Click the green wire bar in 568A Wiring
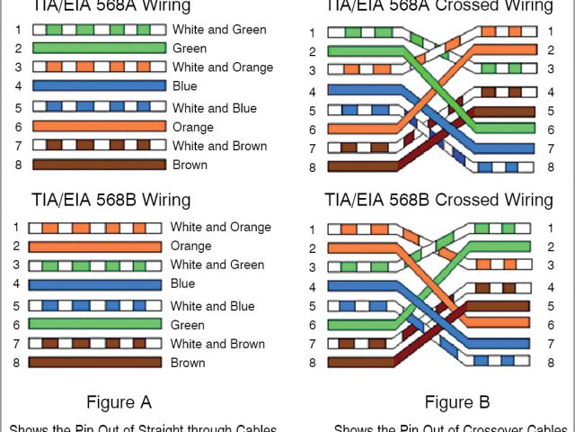tap(99, 49)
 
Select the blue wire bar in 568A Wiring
tap(99, 86)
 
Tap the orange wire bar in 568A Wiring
tap(99, 127)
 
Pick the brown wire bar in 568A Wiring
tap(99, 165)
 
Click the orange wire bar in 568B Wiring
tap(94, 246)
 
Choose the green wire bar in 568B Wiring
tap(94, 324)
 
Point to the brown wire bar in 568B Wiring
tap(94, 363)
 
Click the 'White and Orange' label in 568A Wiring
tap(223, 67)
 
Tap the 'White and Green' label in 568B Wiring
tap(217, 265)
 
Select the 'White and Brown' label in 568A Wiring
tap(219, 146)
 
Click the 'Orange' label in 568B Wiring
tap(190, 246)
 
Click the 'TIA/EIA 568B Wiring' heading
tap(111, 199)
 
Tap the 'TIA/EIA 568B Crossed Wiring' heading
tap(438, 199)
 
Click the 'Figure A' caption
tap(119, 401)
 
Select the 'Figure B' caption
tap(457, 401)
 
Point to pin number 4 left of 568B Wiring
tap(16, 284)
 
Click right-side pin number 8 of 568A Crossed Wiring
tap(550, 166)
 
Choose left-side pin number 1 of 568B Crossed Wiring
tap(312, 229)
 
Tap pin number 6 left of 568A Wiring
tap(17, 127)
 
